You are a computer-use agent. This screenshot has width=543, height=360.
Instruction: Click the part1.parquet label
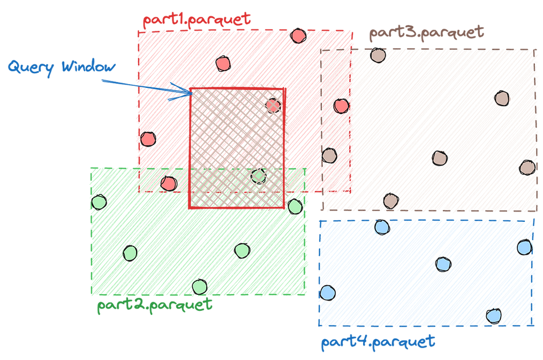(197, 19)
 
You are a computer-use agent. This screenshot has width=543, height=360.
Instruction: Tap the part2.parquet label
(154, 305)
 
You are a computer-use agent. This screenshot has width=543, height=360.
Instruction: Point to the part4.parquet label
(378, 341)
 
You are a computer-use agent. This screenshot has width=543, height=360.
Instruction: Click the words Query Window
(61, 67)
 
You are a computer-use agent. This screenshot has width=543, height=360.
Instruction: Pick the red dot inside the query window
(273, 104)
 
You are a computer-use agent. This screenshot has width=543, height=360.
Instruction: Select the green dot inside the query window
(259, 176)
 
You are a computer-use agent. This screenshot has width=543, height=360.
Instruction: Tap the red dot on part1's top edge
(298, 36)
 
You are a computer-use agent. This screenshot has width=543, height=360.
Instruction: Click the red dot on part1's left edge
(147, 139)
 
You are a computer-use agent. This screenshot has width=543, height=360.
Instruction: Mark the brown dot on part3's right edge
(527, 168)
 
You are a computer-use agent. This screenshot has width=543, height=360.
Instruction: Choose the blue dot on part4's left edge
(327, 292)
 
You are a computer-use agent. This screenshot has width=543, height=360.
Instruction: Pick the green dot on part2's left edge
(99, 202)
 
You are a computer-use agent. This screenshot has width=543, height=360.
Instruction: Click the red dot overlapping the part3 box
(341, 106)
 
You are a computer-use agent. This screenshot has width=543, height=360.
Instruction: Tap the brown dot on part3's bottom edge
(391, 201)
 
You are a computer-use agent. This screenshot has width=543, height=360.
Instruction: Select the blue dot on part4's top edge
(381, 227)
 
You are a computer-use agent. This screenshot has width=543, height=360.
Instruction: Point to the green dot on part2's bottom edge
(199, 287)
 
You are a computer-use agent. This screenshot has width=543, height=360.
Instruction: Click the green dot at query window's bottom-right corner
(295, 206)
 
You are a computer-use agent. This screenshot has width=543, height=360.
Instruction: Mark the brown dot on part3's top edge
(378, 55)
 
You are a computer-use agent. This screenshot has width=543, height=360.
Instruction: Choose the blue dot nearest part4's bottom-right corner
(494, 316)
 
